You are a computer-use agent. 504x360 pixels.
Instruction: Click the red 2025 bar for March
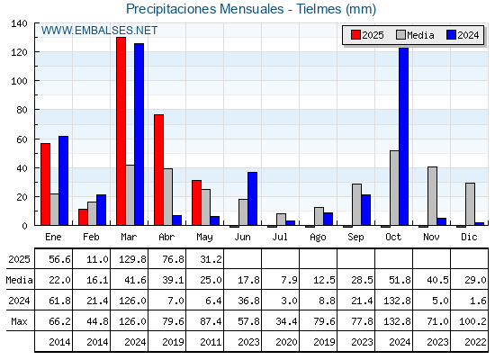121,131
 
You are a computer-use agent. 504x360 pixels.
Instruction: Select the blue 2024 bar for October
404,136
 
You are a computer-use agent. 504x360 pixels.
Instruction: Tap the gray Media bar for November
432,196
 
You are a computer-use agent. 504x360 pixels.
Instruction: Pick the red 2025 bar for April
158,170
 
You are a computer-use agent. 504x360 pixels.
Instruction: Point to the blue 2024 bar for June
252,199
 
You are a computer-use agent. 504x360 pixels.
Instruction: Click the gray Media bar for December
470,204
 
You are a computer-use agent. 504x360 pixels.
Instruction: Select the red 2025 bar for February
83,217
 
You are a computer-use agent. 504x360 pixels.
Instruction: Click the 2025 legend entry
367,35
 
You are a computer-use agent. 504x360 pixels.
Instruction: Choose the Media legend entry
415,35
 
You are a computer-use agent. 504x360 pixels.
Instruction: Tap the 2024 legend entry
463,35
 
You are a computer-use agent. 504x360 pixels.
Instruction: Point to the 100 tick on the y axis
20,81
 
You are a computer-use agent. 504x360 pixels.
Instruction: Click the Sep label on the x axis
355,238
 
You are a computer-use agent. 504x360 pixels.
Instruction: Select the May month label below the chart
204,238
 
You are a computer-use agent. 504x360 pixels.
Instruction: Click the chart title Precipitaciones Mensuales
205,9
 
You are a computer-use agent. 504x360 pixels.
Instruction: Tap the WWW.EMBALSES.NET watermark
99,31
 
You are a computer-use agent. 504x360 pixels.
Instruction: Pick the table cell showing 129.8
133,259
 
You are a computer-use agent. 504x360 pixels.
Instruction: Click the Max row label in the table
19,321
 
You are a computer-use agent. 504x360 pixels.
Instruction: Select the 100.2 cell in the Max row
472,321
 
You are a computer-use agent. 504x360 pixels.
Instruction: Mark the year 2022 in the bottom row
475,342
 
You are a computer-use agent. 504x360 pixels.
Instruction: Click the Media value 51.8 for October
400,280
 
